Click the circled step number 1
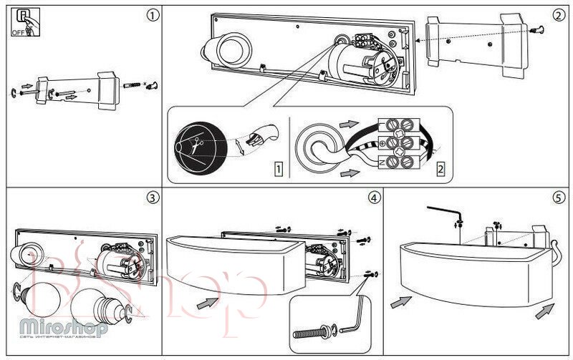[x=151, y=15]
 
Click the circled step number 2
[x=559, y=15]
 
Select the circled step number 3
[x=151, y=196]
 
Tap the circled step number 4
[x=373, y=196]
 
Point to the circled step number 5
[x=559, y=196]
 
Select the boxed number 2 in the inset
[x=440, y=169]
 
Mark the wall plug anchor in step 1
[x=133, y=85]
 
